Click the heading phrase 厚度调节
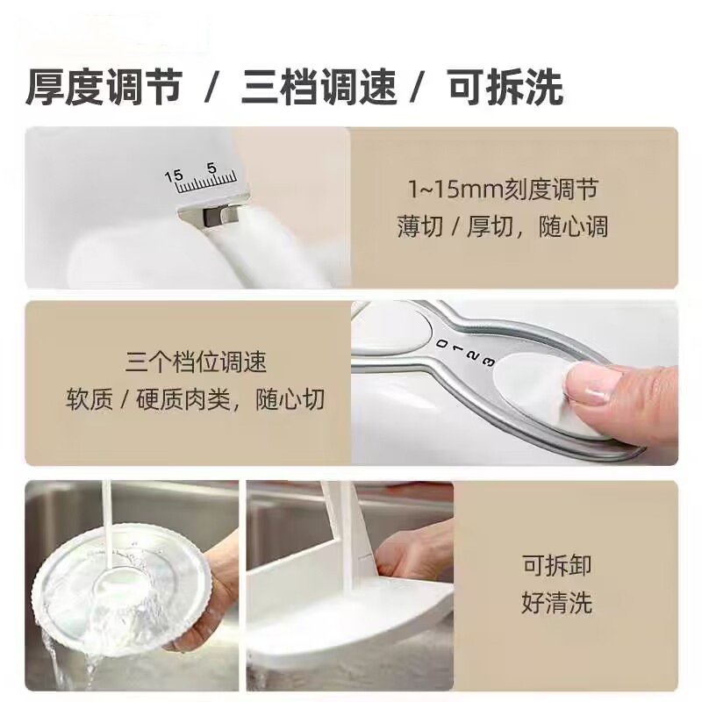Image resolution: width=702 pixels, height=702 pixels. point(104,87)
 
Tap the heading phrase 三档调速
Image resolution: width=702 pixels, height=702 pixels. point(319,87)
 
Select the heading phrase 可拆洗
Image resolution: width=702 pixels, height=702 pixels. point(505,87)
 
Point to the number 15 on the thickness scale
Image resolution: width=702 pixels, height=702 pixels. point(174,175)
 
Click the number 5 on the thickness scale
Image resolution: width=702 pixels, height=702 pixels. point(211,168)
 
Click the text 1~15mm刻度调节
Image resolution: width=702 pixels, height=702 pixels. point(503,189)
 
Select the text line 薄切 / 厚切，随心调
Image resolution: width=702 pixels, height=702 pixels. point(503,226)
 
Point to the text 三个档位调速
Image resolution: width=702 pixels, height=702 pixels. point(196,362)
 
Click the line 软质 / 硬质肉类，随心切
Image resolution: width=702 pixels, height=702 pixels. point(195,399)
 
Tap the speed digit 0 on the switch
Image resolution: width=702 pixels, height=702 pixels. point(442,343)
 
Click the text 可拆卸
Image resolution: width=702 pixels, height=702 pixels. point(556,564)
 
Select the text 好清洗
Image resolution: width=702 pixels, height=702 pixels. point(556,602)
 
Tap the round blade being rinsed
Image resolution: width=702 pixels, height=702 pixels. point(122,589)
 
